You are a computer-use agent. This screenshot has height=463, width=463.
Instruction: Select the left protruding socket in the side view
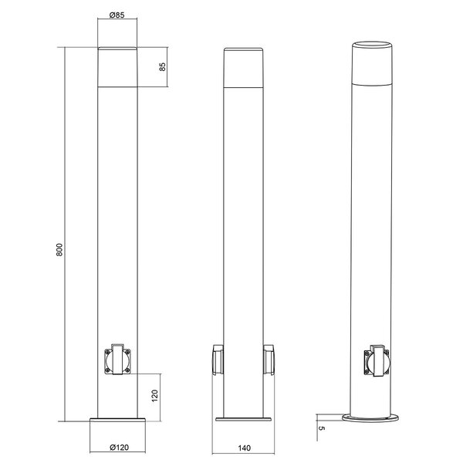click(x=217, y=360)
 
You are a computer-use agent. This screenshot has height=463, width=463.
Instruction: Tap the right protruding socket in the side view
click(x=271, y=360)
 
